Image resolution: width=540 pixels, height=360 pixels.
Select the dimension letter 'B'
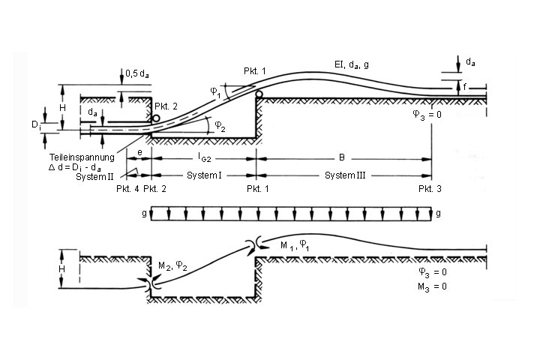[x=342, y=159]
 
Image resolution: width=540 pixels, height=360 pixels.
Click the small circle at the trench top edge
[x=259, y=94]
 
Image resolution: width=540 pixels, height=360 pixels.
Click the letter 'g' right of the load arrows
[x=439, y=214]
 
